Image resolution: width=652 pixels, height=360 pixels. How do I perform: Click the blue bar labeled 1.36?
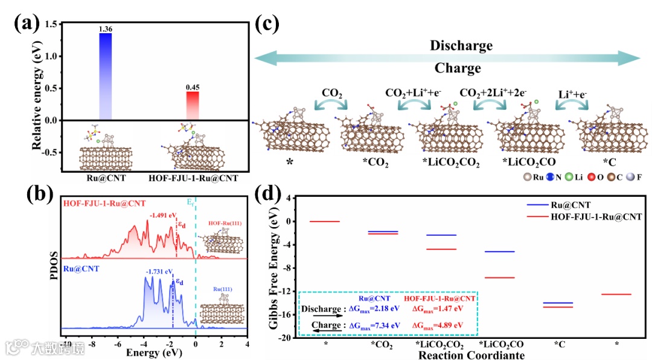pyautogui.click(x=105, y=76)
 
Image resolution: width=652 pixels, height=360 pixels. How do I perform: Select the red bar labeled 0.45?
pyautogui.click(x=192, y=106)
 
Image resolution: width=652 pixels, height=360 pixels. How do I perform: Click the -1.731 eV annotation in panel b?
pyautogui.click(x=159, y=272)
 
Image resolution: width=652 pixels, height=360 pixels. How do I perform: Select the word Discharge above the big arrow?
pyautogui.click(x=461, y=46)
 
